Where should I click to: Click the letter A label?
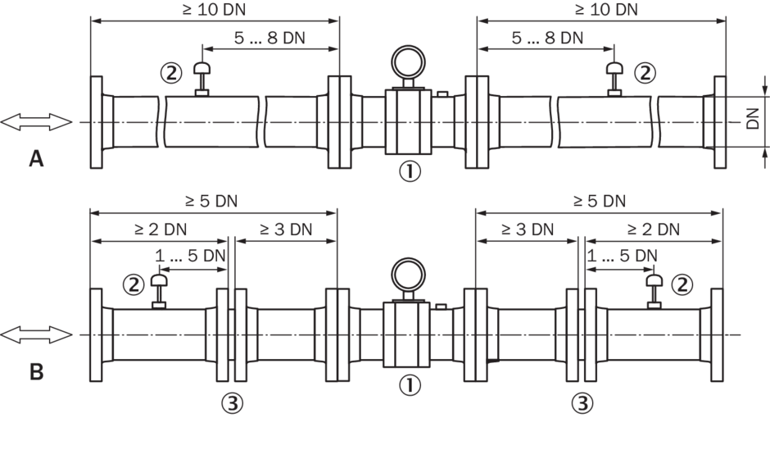point(36,158)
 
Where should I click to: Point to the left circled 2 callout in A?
point(171,73)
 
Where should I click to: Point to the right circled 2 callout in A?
point(645,73)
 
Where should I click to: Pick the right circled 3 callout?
point(582,402)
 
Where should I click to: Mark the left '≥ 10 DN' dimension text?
point(215,10)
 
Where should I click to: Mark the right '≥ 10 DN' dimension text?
point(605,10)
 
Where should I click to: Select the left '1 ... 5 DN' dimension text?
point(190,256)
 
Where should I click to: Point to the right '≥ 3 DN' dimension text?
point(527,229)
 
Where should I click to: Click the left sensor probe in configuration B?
point(160,289)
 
